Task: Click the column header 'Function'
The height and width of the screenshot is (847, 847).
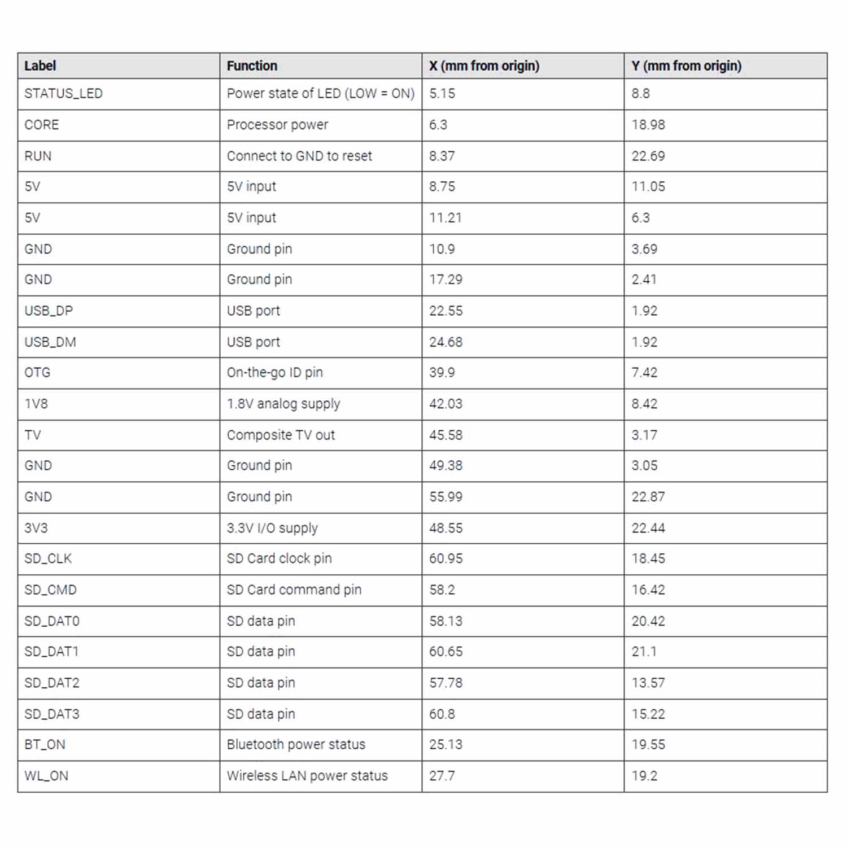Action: coord(252,66)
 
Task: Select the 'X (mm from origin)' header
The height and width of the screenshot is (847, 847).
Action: coord(484,66)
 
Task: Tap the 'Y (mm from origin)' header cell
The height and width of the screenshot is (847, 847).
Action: coord(686,66)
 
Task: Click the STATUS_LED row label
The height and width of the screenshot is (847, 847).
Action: coord(63,94)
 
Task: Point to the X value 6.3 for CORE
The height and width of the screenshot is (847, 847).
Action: coord(438,125)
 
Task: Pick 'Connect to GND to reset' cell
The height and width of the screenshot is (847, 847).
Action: coord(299,156)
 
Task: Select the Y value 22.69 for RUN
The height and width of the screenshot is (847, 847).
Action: coord(648,156)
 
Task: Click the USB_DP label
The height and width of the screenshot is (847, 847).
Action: coord(49,311)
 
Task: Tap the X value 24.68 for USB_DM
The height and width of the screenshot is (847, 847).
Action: coord(446,342)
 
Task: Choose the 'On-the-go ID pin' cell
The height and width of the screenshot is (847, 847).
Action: coord(274,373)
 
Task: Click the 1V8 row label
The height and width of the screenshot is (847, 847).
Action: coord(36,404)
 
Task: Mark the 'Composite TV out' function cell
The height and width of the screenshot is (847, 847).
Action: coord(281,435)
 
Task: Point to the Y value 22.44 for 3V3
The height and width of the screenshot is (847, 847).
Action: coord(648,528)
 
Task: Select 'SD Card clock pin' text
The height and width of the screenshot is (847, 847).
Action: coord(279,558)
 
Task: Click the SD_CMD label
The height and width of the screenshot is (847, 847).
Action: coord(50,590)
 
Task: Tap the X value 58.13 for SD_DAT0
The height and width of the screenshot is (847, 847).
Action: coord(446,621)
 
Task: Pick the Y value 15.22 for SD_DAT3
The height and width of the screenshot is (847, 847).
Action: coord(648,714)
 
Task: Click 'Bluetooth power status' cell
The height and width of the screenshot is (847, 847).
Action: coord(296,744)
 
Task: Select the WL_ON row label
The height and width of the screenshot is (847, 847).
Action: coord(46,776)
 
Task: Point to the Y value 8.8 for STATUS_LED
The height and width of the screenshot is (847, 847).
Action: coord(640,94)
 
